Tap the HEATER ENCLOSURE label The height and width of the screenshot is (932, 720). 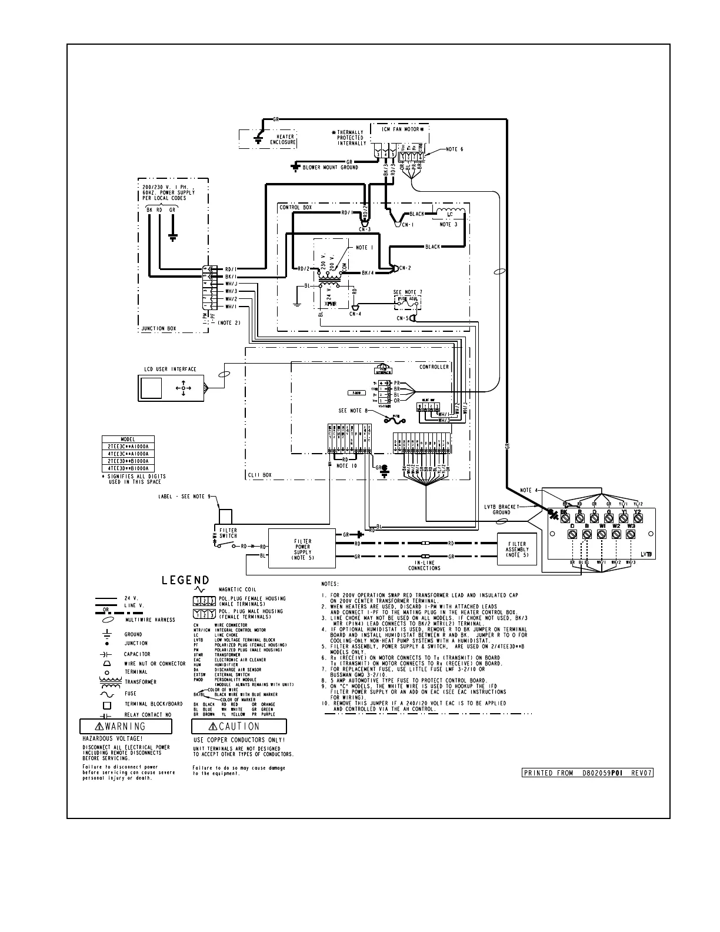(x=282, y=139)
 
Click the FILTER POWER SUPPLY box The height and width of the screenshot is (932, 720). (x=302, y=548)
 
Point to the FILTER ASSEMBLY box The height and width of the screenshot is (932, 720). (x=517, y=549)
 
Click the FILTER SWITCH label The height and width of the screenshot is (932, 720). (x=228, y=533)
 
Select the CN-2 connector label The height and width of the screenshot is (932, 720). (x=405, y=268)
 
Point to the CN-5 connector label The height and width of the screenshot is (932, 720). (x=402, y=318)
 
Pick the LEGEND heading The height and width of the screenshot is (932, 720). (x=185, y=581)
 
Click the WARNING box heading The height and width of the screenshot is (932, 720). (x=126, y=727)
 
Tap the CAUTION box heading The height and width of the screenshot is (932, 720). (x=239, y=727)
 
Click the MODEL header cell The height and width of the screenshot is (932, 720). (x=128, y=440)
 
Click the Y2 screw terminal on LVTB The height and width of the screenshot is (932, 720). (x=638, y=518)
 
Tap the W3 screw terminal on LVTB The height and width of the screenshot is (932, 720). (x=631, y=535)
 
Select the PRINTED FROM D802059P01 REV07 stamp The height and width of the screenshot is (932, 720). (x=588, y=773)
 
